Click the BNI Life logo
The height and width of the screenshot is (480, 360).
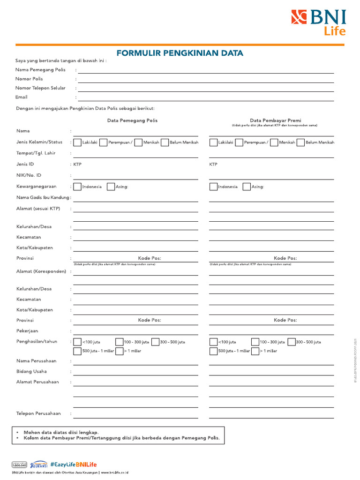pyautogui.click(x=319, y=22)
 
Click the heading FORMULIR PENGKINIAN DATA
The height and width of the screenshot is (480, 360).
pyautogui.click(x=180, y=53)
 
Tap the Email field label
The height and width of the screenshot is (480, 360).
pyautogui.click(x=22, y=97)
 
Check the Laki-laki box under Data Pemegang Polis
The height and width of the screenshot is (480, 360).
pyautogui.click(x=77, y=142)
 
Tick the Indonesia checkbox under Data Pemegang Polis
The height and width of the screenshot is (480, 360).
pyautogui.click(x=77, y=187)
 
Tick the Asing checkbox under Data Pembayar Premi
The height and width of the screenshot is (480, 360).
pyautogui.click(x=247, y=187)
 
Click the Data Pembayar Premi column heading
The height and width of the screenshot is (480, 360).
pyautogui.click(x=275, y=120)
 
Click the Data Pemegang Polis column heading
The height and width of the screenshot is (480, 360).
pyautogui.click(x=132, y=120)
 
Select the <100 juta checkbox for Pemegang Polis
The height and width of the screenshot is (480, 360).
pyautogui.click(x=77, y=342)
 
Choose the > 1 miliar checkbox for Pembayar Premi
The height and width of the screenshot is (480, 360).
pyautogui.click(x=255, y=351)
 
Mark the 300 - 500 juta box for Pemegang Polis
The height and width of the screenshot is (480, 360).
pyautogui.click(x=156, y=342)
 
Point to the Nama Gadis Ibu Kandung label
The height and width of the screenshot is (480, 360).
pyautogui.click(x=43, y=197)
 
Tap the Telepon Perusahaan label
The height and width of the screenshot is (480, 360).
pyautogui.click(x=39, y=413)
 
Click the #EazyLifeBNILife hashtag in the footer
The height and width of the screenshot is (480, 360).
pyautogui.click(x=73, y=465)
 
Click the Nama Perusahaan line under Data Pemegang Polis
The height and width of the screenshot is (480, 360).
pyautogui.click(x=135, y=364)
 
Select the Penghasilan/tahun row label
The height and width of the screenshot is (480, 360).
pyautogui.click(x=37, y=341)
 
